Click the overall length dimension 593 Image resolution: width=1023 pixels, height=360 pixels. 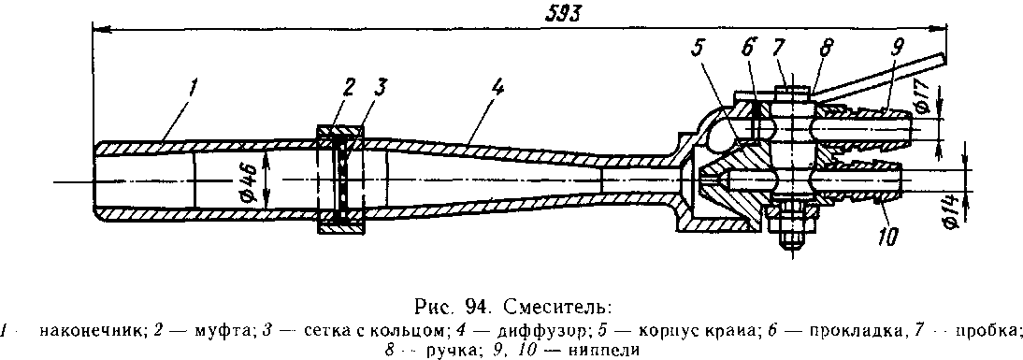coord(563,14)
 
